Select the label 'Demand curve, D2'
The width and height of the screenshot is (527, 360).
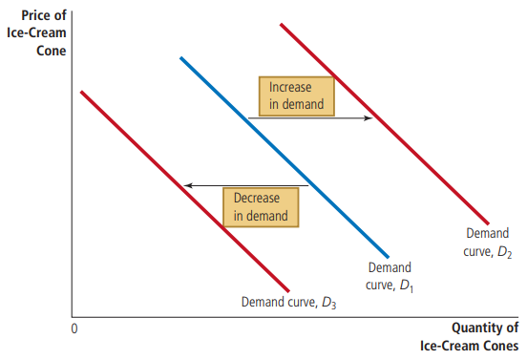coord(487,242)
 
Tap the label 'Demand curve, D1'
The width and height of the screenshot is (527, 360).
coord(390,277)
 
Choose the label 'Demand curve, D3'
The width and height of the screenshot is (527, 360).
coord(289,303)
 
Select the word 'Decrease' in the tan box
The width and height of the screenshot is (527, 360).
coord(257,199)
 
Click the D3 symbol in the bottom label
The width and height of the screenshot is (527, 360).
coord(329,304)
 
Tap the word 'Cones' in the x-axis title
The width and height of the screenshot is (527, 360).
coord(499,344)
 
